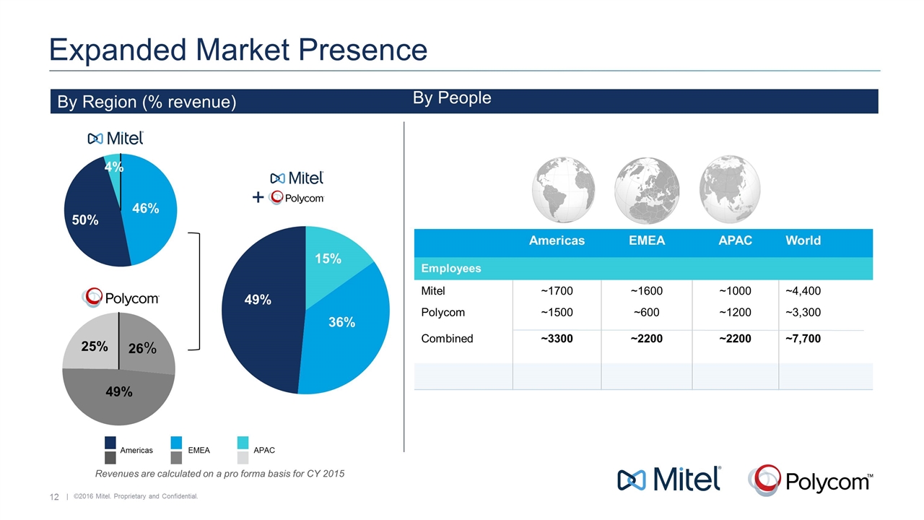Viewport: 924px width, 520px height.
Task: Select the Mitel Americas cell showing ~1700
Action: [x=557, y=291]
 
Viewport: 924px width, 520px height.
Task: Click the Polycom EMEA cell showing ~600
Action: [x=646, y=313]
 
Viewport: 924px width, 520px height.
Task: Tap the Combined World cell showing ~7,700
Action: [x=803, y=338]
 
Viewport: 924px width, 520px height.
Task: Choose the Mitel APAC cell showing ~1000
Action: [x=735, y=291]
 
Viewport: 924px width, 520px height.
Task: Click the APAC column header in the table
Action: [x=735, y=240]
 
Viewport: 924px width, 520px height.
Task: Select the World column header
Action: [x=803, y=240]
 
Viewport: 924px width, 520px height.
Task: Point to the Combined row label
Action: [x=447, y=338]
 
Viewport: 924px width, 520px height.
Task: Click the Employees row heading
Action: [x=451, y=268]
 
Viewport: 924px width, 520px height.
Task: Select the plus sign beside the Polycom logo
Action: [x=258, y=198]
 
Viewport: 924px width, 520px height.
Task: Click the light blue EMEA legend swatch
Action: [x=177, y=442]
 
